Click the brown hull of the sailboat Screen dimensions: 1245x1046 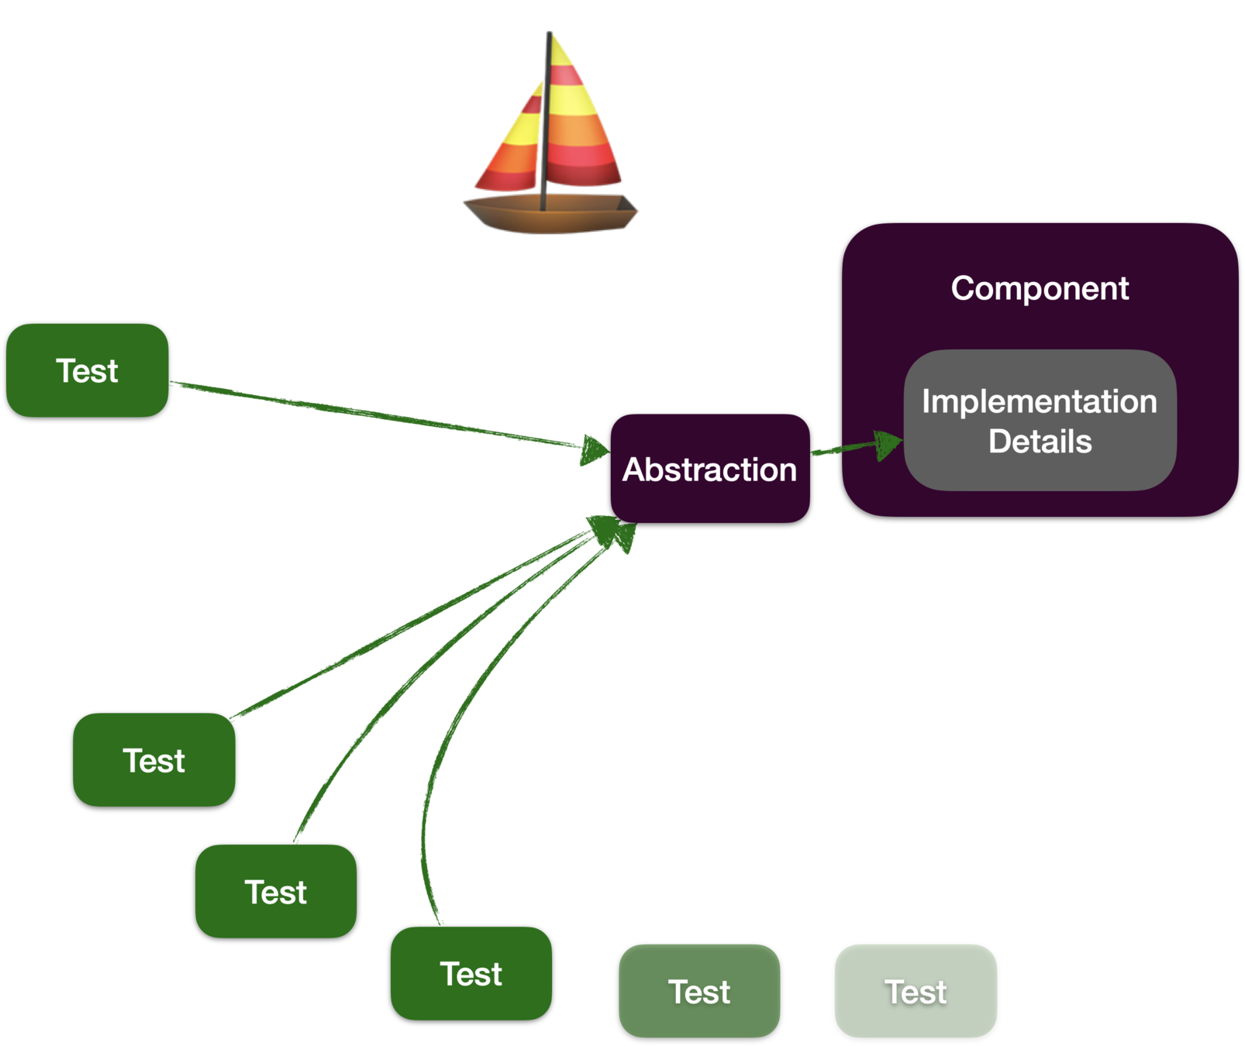coord(550,214)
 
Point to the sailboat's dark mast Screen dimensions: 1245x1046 coord(546,121)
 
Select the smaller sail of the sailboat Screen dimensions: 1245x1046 coord(508,143)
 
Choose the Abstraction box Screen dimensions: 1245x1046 coord(710,468)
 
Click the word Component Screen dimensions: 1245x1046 coord(1040,288)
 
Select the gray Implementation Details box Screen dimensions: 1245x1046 coord(1040,420)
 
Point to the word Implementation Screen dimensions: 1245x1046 coord(1040,401)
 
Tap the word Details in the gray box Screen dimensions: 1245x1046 coord(1040,442)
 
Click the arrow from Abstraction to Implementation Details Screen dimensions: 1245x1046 coord(857,446)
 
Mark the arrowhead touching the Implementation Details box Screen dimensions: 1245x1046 coord(888,445)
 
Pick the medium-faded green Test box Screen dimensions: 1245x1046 coord(699,991)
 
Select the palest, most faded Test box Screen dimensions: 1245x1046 coord(916,991)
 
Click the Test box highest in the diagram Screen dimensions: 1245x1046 coord(87,370)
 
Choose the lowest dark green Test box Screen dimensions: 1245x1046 coord(471,973)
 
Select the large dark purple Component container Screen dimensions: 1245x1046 coord(1040,370)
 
